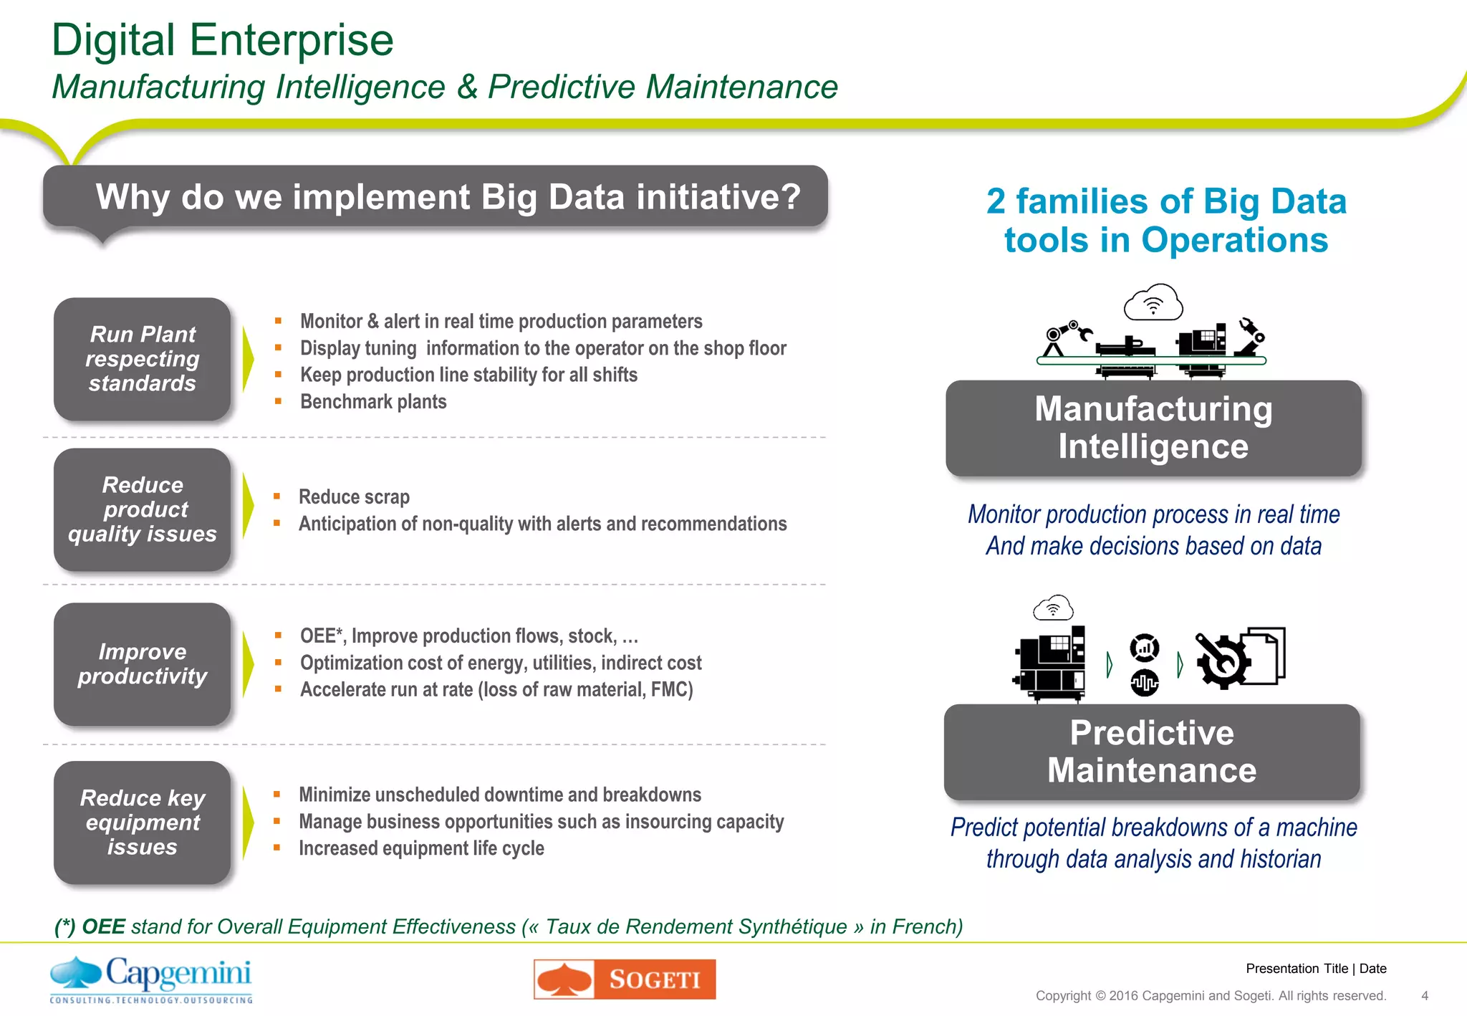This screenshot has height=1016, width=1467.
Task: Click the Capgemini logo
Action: click(x=151, y=979)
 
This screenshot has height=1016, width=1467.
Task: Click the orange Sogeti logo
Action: click(x=625, y=979)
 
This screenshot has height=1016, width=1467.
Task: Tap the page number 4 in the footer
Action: click(x=1424, y=995)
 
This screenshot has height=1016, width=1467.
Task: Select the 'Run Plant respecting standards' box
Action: click(x=143, y=359)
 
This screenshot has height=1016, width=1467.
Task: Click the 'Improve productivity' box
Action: click(x=143, y=664)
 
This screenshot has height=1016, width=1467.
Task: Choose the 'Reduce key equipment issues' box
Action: click(x=143, y=823)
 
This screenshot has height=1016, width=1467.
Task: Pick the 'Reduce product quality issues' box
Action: click(x=143, y=509)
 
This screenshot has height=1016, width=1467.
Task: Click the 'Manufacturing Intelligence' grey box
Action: click(x=1153, y=428)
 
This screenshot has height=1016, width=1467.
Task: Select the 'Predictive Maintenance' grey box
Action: click(x=1152, y=752)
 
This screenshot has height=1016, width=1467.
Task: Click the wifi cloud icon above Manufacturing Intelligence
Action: click(x=1153, y=302)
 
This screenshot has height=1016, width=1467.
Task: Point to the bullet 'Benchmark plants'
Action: click(x=373, y=402)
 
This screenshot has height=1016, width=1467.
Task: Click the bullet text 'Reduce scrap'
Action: click(x=354, y=497)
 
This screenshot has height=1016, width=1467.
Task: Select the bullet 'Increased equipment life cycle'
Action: click(x=421, y=848)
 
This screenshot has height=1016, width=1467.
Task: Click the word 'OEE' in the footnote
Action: click(x=103, y=926)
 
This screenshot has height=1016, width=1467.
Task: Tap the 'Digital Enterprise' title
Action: click(x=223, y=40)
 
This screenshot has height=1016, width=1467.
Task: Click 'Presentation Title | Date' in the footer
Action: click(x=1316, y=969)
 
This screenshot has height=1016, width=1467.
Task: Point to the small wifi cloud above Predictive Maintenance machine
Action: click(x=1053, y=608)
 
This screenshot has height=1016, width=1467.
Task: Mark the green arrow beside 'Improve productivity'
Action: click(x=248, y=664)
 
